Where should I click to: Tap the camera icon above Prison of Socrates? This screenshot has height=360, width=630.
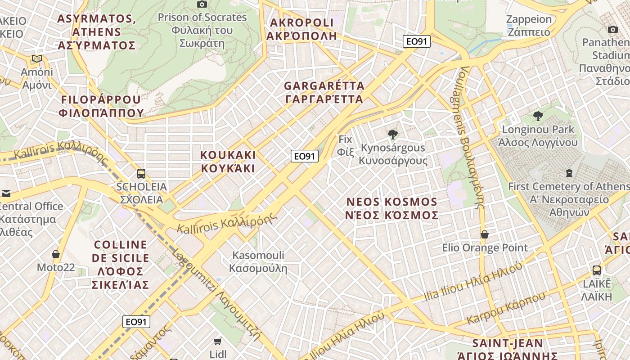pos(202,4)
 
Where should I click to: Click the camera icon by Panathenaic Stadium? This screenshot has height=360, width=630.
pos(612,30)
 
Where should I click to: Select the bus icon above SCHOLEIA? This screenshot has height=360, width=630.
pos(141,174)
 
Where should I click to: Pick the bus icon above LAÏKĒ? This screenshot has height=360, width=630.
pos(597,270)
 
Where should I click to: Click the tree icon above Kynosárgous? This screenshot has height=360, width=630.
pos(393,134)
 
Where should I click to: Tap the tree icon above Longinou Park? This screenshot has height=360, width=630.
pos(538,116)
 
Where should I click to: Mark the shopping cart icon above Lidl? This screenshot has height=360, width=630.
pos(218,342)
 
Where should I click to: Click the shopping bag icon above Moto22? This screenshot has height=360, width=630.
pos(56,255)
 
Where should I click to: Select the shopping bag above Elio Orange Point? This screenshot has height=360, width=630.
pos(485,235)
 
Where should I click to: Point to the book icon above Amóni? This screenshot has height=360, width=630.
pos(37,59)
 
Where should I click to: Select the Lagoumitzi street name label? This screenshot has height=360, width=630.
pos(216,292)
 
